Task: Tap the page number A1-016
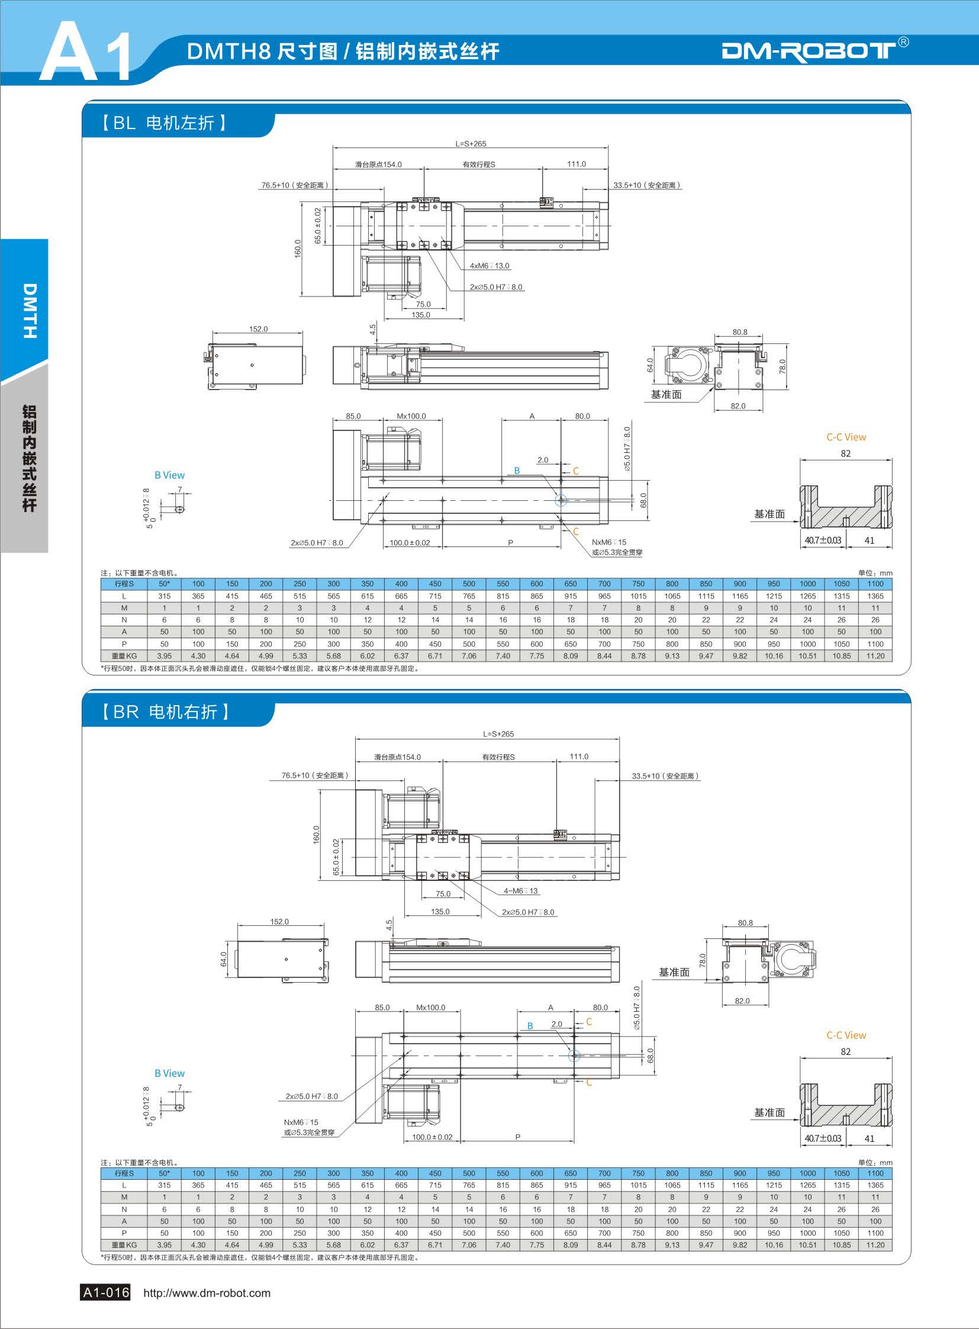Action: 105,1292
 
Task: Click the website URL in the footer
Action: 207,1293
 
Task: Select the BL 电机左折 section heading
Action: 163,123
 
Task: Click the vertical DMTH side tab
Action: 29,311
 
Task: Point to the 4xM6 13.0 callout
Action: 489,266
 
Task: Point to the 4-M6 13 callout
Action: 521,890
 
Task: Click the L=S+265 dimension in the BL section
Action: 471,143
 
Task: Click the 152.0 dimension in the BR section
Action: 279,921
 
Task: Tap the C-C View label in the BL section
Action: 846,437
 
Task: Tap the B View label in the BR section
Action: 169,1073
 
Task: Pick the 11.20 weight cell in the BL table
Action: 875,656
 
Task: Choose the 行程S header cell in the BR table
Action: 124,1173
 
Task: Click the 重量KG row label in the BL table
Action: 124,656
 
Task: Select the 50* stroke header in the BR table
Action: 164,1173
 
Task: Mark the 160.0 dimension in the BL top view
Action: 298,249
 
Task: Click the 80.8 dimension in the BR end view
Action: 746,922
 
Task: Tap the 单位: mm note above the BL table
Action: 875,573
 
